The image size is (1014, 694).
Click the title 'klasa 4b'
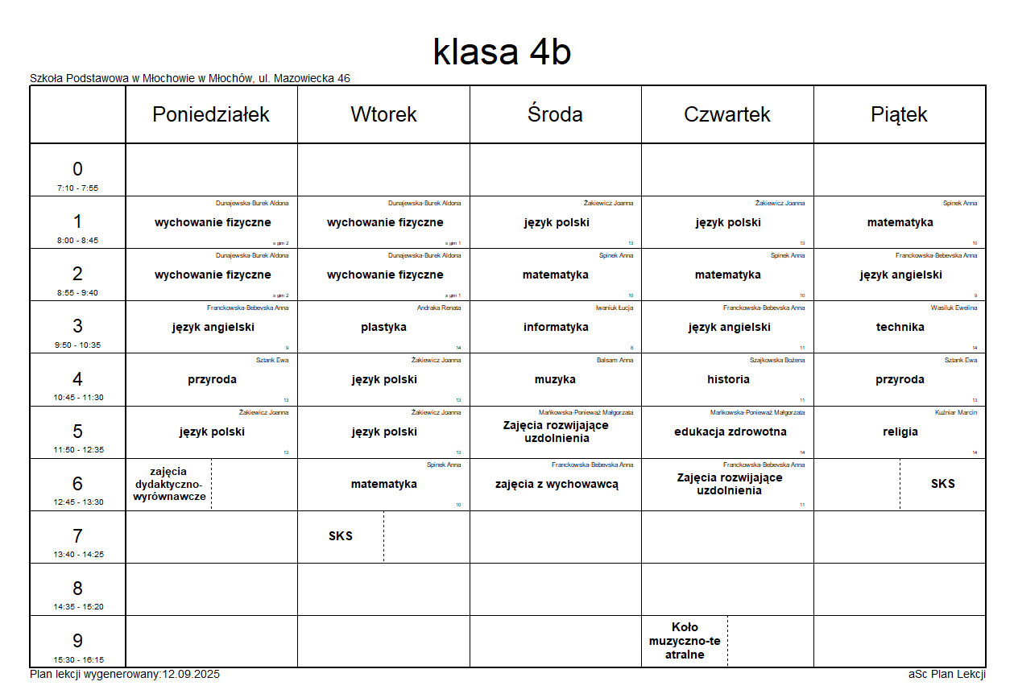tap(502, 52)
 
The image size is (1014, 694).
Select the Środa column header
tap(555, 114)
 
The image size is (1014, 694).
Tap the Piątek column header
tap(899, 114)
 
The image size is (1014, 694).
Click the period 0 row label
tap(77, 170)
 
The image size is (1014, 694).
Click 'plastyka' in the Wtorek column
tap(383, 327)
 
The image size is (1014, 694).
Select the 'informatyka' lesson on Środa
tap(556, 327)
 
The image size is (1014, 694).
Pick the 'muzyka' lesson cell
tap(555, 379)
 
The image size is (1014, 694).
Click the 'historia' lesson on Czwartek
tap(728, 379)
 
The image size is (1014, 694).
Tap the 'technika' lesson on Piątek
tap(900, 327)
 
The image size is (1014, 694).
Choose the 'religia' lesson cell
tap(900, 432)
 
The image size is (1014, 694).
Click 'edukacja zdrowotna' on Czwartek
tap(730, 432)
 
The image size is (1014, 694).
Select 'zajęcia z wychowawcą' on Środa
tap(557, 484)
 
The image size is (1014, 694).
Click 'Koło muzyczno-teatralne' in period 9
tap(685, 641)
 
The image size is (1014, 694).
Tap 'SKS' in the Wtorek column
tap(341, 536)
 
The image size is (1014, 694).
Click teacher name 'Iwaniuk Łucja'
tap(614, 308)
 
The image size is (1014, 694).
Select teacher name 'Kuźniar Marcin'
tap(956, 412)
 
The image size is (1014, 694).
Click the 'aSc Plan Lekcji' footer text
tap(946, 675)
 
